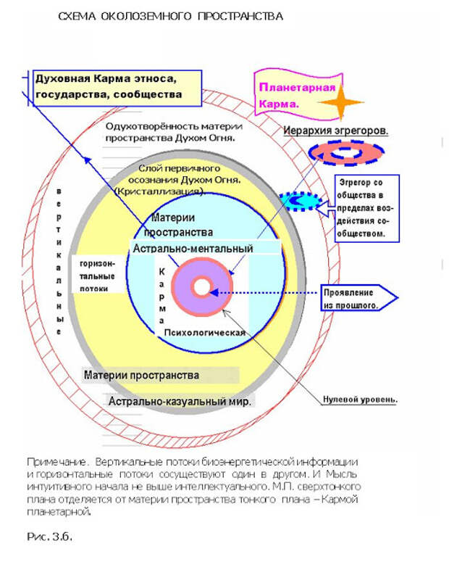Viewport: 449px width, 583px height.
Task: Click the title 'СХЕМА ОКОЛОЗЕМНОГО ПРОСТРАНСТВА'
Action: [171, 16]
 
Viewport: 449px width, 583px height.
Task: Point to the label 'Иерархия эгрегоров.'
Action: [335, 131]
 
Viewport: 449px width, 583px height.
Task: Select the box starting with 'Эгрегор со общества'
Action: [366, 209]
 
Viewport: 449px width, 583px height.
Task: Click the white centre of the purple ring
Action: [201, 285]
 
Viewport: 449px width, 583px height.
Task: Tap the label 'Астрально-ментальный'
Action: [193, 248]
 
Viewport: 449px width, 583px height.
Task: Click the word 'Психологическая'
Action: [206, 332]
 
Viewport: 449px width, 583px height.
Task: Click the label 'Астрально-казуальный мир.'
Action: [180, 401]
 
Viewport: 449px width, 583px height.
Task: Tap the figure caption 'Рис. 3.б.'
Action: [50, 537]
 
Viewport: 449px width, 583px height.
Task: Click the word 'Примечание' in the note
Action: [49, 462]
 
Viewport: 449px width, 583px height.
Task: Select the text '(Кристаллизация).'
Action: [159, 190]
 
